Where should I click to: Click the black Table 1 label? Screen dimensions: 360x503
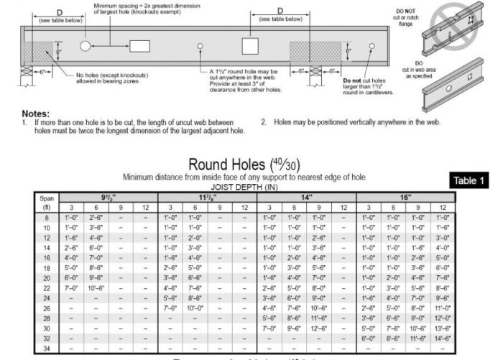471,181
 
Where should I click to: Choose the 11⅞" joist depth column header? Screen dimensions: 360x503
207,196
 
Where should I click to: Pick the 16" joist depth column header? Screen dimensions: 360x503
406,196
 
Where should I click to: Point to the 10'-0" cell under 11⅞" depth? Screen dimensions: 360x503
195,308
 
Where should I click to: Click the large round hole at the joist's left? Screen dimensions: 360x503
86,46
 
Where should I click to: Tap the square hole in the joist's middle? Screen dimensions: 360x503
249,46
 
